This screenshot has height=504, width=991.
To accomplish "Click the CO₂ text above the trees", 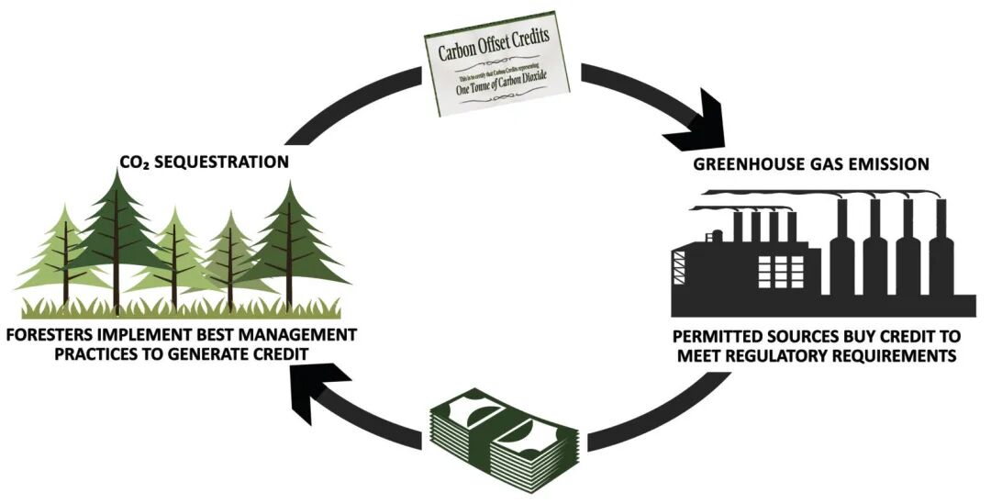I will click(x=134, y=162).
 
